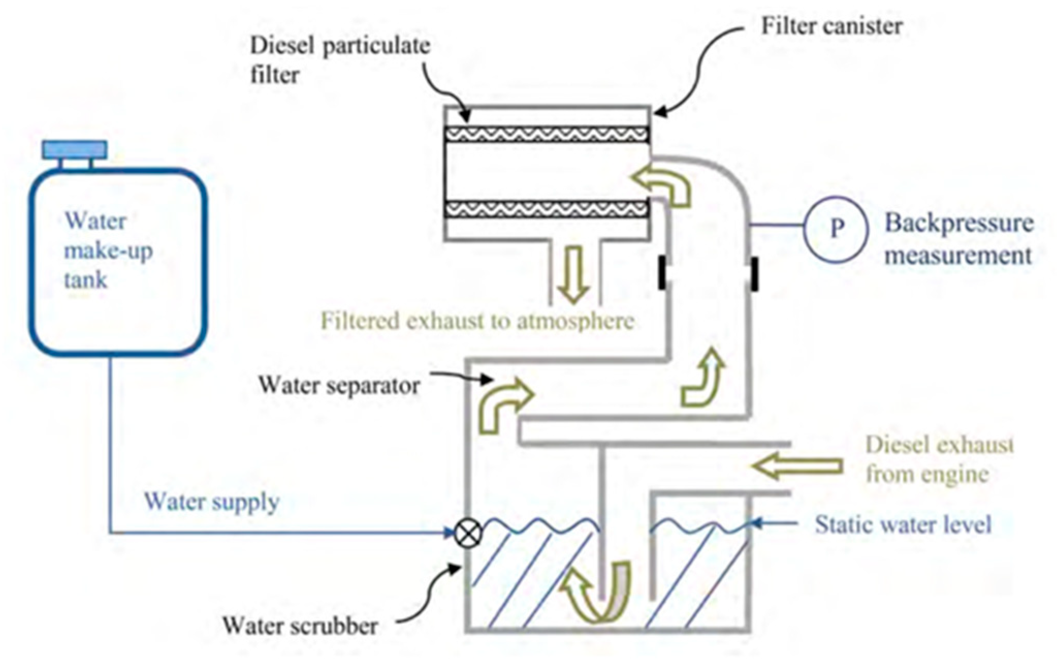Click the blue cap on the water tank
pyautogui.click(x=75, y=150)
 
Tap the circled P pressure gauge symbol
pyautogui.click(x=836, y=227)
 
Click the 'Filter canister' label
pyautogui.click(x=831, y=26)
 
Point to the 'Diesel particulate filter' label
pyautogui.click(x=340, y=60)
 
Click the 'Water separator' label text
pyautogui.click(x=339, y=385)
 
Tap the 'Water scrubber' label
pyautogui.click(x=300, y=626)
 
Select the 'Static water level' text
pyautogui.click(x=903, y=525)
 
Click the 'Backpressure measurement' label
pyautogui.click(x=959, y=239)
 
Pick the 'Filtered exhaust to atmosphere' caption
pyautogui.click(x=477, y=321)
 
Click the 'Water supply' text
pyautogui.click(x=212, y=501)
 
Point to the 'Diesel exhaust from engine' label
pyautogui.click(x=938, y=459)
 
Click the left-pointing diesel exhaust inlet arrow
pyautogui.click(x=797, y=466)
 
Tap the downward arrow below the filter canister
pyautogui.click(x=574, y=274)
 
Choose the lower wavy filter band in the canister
pyautogui.click(x=547, y=209)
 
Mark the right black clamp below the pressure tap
pyautogui.click(x=754, y=274)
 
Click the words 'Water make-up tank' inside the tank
pyautogui.click(x=107, y=251)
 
